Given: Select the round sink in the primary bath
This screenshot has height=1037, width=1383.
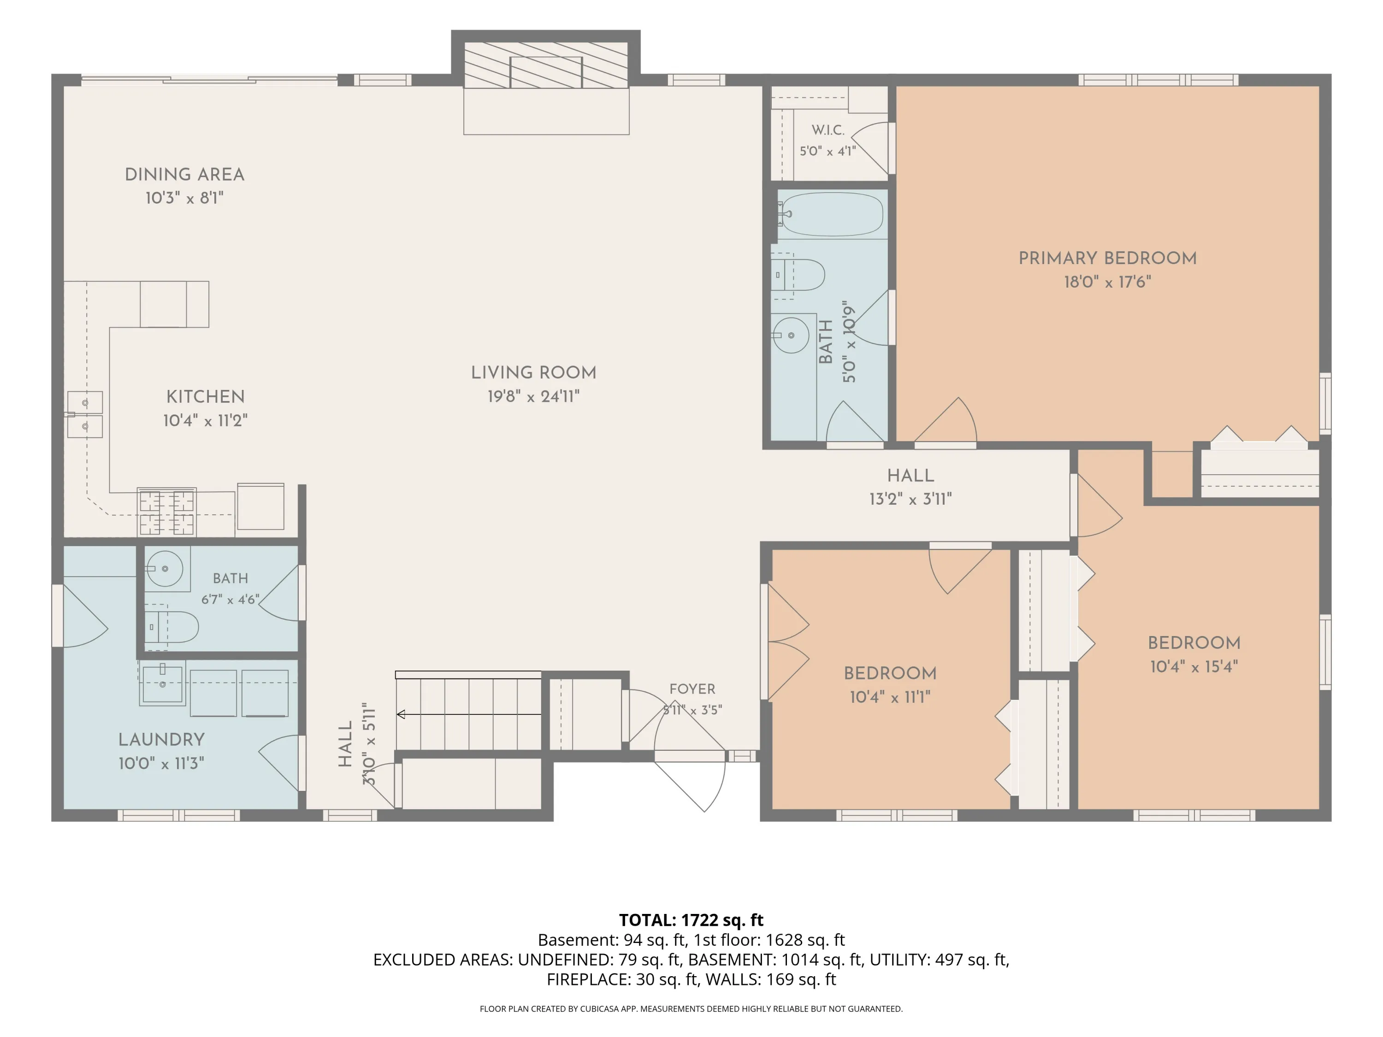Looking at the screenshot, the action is click(791, 335).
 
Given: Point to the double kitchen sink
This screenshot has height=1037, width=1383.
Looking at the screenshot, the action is click(85, 414).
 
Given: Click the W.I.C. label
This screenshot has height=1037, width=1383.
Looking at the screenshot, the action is click(828, 130).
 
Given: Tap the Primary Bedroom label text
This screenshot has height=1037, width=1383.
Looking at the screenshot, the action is click(1107, 258).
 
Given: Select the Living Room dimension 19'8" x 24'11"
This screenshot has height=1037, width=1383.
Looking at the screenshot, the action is click(533, 396).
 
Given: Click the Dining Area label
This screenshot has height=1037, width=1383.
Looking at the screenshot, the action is click(184, 174).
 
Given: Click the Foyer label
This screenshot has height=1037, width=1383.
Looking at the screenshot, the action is click(692, 689).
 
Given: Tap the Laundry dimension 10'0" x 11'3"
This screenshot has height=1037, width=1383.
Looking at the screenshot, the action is click(161, 763).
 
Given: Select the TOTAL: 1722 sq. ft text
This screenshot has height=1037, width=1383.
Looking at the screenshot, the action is click(691, 920).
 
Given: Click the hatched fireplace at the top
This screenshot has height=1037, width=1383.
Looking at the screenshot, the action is click(546, 65).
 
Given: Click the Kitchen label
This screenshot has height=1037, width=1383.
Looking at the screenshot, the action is click(205, 396).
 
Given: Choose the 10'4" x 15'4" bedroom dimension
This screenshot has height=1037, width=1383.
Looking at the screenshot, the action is click(1194, 666).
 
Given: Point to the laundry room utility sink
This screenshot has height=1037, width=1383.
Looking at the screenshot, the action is click(163, 684).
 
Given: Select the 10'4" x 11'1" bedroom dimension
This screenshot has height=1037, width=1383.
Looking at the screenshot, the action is click(890, 697).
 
